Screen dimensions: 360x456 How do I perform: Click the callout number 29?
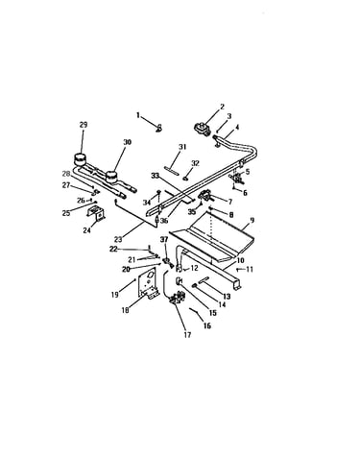(84, 125)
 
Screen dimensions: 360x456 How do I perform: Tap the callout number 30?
(128, 142)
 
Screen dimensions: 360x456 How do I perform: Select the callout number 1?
(138, 115)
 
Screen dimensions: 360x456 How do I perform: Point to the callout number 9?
(252, 220)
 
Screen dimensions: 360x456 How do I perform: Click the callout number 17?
(187, 335)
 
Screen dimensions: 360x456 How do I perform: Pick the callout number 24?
(87, 230)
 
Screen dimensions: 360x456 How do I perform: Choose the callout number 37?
(164, 240)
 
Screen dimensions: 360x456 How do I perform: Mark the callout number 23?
(118, 239)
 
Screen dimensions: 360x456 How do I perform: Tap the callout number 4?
(237, 128)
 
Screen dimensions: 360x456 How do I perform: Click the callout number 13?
(227, 297)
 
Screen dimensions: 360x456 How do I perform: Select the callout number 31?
(182, 147)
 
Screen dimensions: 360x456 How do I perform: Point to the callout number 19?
(115, 295)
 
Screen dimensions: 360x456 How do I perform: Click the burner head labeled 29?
(80, 157)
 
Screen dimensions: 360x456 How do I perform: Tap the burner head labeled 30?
(111, 176)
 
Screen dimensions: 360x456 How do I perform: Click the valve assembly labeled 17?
(177, 298)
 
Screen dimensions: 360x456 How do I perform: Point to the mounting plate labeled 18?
(148, 284)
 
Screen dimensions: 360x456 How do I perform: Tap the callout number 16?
(207, 325)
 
